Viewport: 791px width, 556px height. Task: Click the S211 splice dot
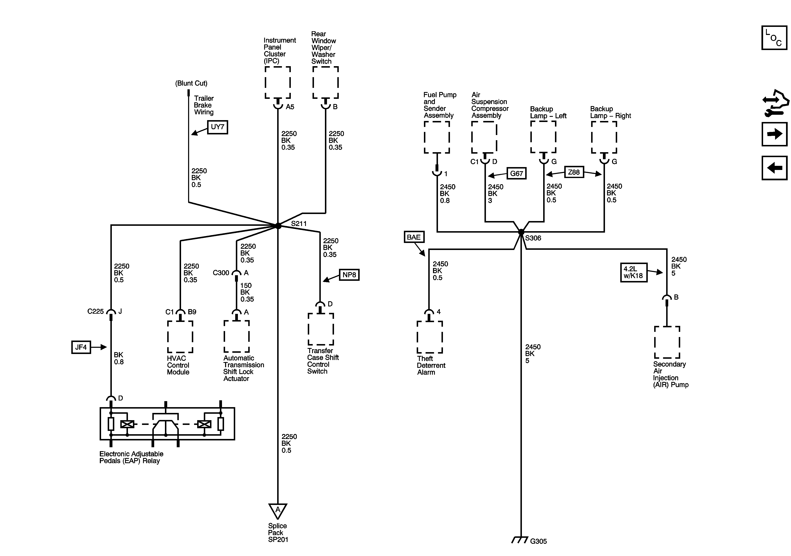pos(278,226)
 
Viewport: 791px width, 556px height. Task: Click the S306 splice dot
pos(521,232)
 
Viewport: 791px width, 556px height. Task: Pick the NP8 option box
pos(349,275)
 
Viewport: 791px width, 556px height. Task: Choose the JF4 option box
pos(81,347)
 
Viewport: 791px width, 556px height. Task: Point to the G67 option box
pos(517,173)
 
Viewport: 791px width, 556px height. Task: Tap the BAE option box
pos(414,237)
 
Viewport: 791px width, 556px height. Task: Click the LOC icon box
pos(774,38)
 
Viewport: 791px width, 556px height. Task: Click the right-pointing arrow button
pos(774,134)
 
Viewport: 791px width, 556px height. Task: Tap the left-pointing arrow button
pos(774,168)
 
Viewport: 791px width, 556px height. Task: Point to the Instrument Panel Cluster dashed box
pos(278,83)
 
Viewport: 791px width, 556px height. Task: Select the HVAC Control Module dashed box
pos(180,337)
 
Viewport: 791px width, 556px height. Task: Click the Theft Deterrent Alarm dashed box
pos(430,337)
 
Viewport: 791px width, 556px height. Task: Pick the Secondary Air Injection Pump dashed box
pos(667,342)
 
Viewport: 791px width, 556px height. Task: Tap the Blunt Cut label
pos(191,83)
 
